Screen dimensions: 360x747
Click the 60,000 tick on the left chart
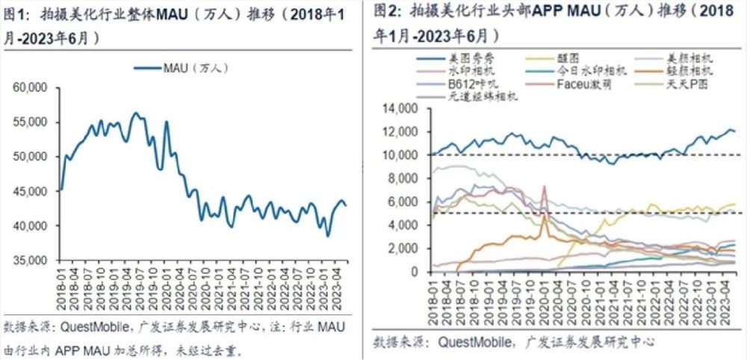[31, 87]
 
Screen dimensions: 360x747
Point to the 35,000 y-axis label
[31, 260]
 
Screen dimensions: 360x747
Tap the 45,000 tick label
[31, 191]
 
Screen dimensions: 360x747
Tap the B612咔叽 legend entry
[470, 84]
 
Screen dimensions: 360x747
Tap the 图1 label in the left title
[16, 14]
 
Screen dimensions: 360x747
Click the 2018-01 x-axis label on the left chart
[61, 288]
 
